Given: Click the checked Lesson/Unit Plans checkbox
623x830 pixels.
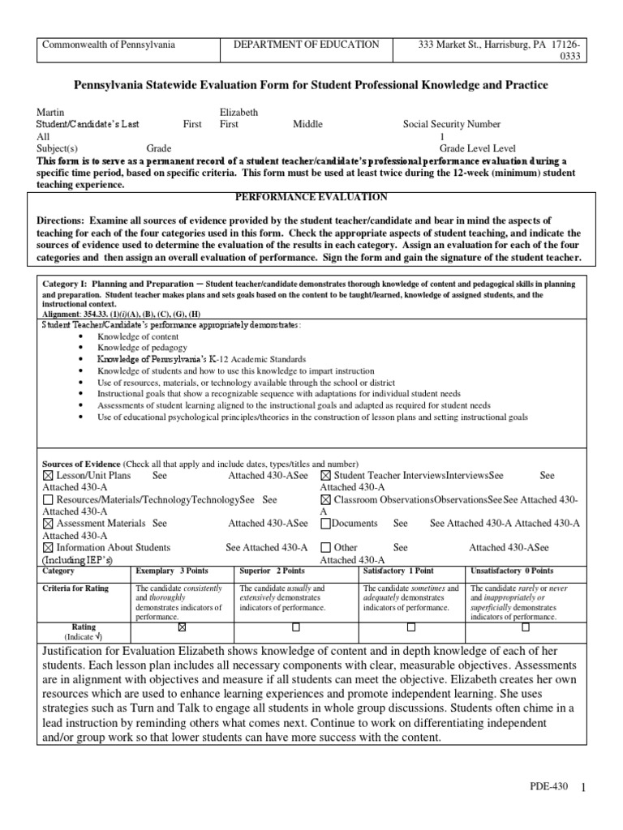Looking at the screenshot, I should (x=46, y=476).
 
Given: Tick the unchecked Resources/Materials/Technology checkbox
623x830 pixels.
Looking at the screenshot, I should (x=46, y=500).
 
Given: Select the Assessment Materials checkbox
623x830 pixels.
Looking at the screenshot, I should (x=46, y=524).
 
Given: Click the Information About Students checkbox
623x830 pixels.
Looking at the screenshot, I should (x=46, y=547).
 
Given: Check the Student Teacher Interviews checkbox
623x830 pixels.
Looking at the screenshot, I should (x=325, y=476).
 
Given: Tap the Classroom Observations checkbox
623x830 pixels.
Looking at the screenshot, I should (x=325, y=500).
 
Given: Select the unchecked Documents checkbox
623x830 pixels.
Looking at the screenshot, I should (x=325, y=524).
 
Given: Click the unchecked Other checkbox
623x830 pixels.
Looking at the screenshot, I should (x=325, y=547).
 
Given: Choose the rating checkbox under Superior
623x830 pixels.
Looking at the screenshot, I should (x=296, y=627).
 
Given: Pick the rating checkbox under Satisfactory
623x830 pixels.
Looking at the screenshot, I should (x=411, y=627).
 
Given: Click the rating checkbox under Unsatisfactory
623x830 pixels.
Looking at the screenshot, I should (x=526, y=627).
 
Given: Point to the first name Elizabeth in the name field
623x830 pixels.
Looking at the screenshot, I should (x=239, y=112).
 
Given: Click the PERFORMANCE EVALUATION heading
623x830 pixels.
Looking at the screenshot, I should (x=311, y=197).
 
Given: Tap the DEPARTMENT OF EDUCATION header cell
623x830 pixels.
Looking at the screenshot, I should (x=306, y=45).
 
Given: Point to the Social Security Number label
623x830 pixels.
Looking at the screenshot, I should (x=452, y=125).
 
